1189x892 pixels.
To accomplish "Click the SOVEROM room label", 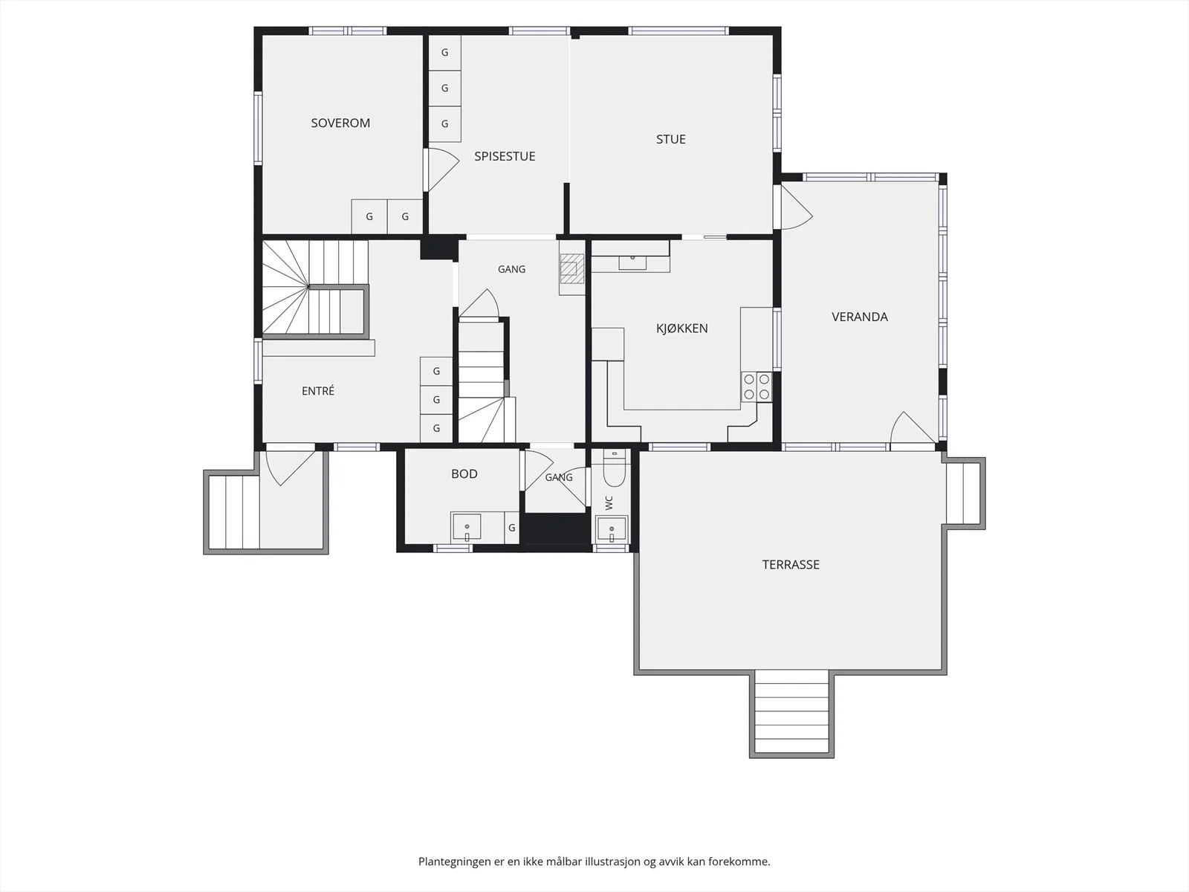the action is coord(340,123).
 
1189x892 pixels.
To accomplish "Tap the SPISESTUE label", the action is coord(505,157).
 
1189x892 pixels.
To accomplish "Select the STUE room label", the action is coord(670,139).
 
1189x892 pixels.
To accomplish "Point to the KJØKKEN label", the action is coord(681,329).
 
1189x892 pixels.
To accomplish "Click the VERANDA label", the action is coord(860,317).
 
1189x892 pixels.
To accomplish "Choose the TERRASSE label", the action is coord(791,564).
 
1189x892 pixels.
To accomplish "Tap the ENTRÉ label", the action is coord(318,390).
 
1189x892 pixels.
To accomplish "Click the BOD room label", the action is coord(464,474).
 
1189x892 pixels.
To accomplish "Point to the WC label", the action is coord(609,502).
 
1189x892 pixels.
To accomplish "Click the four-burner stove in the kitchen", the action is coord(757,387).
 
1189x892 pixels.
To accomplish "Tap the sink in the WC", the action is coord(612,529).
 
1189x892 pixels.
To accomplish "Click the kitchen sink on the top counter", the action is coord(632,262).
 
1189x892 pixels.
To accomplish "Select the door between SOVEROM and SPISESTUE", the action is coord(441,169).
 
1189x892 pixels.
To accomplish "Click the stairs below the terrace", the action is coord(791,713).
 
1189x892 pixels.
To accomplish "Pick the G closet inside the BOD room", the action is coord(512,528).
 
